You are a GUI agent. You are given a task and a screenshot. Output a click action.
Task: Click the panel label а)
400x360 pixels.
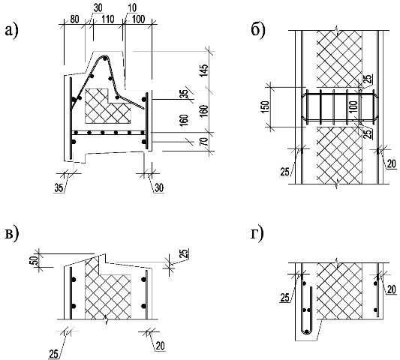pyautogui.click(x=11, y=31)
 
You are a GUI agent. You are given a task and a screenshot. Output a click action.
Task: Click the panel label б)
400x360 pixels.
pyautogui.click(x=258, y=31)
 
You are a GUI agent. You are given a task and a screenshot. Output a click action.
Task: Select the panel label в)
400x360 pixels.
pyautogui.click(x=11, y=235)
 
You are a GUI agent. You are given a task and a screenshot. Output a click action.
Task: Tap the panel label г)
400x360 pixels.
pyautogui.click(x=257, y=235)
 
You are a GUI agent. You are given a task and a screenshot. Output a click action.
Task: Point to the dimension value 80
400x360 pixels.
pyautogui.click(x=74, y=19)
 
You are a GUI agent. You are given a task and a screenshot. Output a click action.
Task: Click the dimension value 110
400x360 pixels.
pyautogui.click(x=107, y=19)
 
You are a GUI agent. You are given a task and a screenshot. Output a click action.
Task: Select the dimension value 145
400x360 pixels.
pyautogui.click(x=204, y=71)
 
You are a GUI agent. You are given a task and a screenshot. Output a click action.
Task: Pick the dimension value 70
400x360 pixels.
pyautogui.click(x=204, y=141)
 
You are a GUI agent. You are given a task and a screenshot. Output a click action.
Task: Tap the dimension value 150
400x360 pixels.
pyautogui.click(x=266, y=107)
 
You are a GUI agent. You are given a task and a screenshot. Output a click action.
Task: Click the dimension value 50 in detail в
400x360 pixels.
pyautogui.click(x=35, y=260)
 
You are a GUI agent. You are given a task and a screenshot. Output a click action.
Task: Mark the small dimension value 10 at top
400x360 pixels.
pyautogui.click(x=132, y=8)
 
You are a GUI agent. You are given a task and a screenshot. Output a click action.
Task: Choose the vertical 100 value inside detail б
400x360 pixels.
pyautogui.click(x=353, y=107)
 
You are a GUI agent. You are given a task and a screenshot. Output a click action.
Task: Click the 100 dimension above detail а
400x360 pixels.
pyautogui.click(x=139, y=19)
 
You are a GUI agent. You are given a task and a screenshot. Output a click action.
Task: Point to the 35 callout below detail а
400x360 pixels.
pyautogui.click(x=59, y=188)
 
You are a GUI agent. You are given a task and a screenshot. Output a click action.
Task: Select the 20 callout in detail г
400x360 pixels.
pyautogui.click(x=392, y=289)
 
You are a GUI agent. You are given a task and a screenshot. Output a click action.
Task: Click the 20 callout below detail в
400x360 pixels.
pyautogui.click(x=160, y=346)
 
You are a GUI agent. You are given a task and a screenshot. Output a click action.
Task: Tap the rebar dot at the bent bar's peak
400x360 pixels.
pyautogui.click(x=104, y=59)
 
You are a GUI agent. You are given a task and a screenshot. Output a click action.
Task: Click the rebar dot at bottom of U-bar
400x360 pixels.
pyautogui.click(x=307, y=331)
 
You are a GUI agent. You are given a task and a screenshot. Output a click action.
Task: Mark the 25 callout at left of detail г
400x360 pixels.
pyautogui.click(x=285, y=297)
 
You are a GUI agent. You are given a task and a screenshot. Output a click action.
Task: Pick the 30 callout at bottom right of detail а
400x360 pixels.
pyautogui.click(x=159, y=188)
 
